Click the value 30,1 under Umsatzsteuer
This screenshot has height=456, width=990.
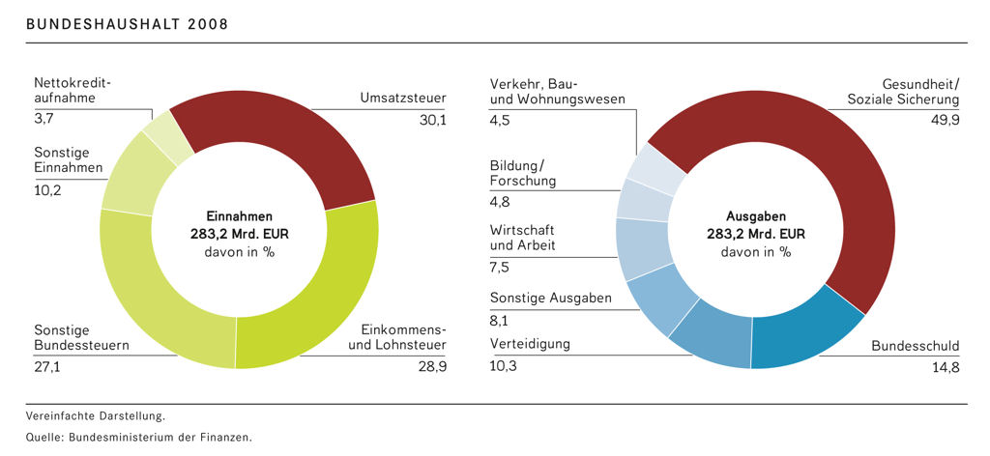pyautogui.click(x=430, y=120)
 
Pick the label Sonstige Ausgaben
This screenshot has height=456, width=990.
pyautogui.click(x=550, y=298)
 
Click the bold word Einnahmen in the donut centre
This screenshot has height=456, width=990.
pyautogui.click(x=239, y=216)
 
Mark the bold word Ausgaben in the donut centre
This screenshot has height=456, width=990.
pyautogui.click(x=755, y=216)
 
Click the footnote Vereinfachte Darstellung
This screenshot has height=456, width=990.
pyautogui.click(x=96, y=416)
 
